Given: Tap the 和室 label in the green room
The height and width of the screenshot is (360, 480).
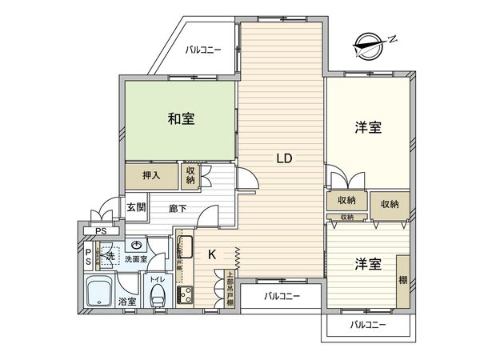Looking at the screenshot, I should [x=182, y=119].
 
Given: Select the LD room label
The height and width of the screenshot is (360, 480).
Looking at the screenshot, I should [x=284, y=158].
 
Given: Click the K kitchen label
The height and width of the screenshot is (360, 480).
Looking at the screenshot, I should [x=213, y=255].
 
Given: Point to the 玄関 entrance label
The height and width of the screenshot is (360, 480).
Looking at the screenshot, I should [x=136, y=206].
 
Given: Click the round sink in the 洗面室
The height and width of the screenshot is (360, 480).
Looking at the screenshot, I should [x=136, y=246].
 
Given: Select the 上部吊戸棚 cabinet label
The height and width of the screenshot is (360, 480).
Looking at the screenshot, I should [x=230, y=289].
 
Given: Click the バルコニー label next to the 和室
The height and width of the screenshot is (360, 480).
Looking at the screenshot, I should [x=204, y=50].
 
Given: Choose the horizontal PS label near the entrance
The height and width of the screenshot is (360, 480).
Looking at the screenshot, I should [x=101, y=232].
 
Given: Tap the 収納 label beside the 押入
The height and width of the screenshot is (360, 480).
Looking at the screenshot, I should [x=190, y=175].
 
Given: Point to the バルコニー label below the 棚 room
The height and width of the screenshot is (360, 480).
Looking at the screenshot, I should [x=368, y=325].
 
